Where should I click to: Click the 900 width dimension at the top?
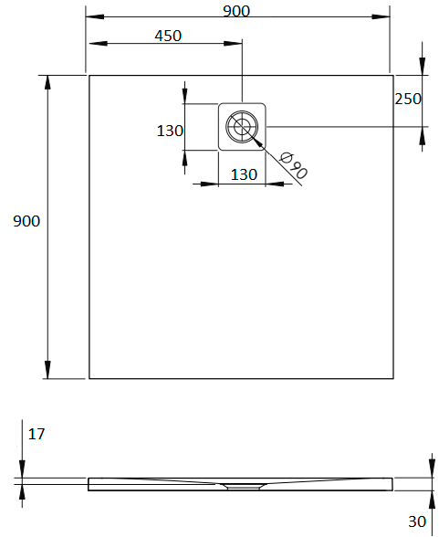click(x=235, y=10)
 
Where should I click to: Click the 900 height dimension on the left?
click(x=26, y=221)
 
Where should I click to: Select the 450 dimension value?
click(x=168, y=36)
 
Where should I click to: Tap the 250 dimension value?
click(x=408, y=99)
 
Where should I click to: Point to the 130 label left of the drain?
click(x=170, y=131)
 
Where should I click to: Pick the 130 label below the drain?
click(x=242, y=174)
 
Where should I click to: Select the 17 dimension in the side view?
click(x=36, y=435)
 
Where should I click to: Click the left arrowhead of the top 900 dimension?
click(x=91, y=17)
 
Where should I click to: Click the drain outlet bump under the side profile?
click(x=241, y=487)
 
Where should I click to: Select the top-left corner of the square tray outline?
click(x=89, y=75)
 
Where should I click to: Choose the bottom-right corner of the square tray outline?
click(x=392, y=378)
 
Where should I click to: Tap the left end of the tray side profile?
click(x=89, y=484)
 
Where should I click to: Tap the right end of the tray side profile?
click(x=392, y=484)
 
